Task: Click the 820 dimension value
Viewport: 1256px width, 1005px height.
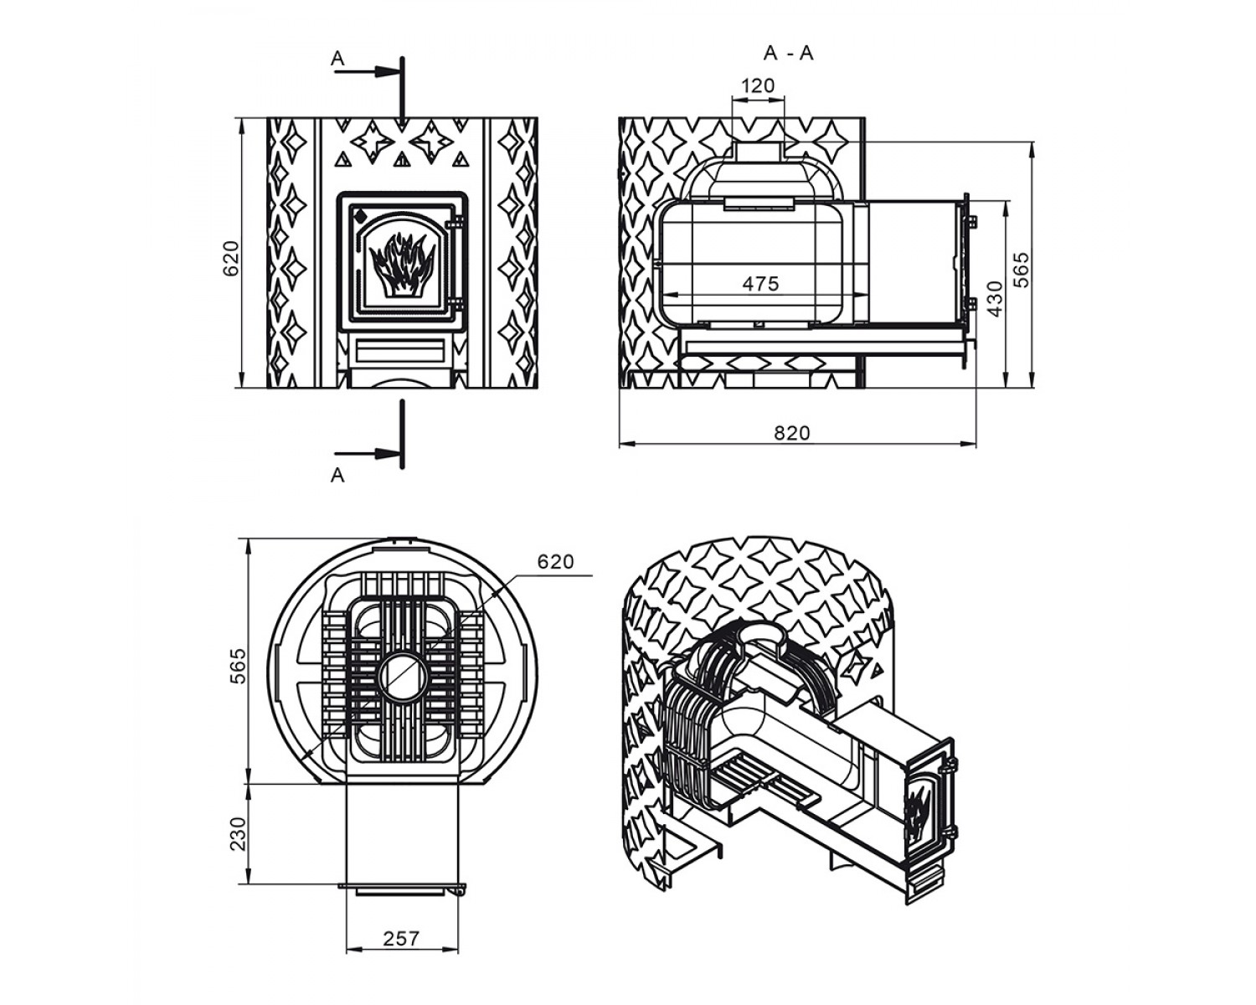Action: (x=792, y=433)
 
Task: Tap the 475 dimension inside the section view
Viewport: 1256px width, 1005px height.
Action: (x=760, y=284)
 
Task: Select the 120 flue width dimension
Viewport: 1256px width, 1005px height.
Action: (x=758, y=85)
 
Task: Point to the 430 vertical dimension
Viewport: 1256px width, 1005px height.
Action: (x=996, y=298)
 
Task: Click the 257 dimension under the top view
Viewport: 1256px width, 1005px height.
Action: (x=401, y=938)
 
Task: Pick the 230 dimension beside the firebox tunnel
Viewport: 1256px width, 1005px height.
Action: (x=238, y=833)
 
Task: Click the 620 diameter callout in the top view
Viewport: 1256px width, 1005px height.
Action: (x=556, y=561)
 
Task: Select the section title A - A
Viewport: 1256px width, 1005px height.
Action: (x=788, y=54)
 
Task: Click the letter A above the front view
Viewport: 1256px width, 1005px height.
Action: (x=337, y=59)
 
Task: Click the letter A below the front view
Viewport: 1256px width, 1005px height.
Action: (x=337, y=476)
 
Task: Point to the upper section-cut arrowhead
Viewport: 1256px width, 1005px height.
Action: (x=388, y=71)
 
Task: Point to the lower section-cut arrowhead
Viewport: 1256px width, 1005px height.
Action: (x=388, y=453)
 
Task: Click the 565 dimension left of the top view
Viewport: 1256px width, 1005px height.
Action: (x=238, y=665)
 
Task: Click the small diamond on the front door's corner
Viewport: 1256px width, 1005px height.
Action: (x=360, y=216)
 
